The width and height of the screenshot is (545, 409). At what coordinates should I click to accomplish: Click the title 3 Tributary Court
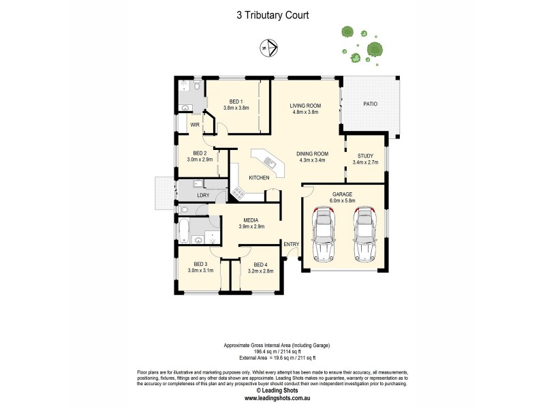coord(272,13)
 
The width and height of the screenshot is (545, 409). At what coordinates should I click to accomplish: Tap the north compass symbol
coord(270,48)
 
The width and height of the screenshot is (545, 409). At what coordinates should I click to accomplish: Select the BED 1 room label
coord(236,102)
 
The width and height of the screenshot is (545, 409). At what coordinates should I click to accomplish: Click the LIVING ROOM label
coord(305,106)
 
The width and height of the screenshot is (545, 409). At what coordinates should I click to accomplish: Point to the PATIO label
coord(370,104)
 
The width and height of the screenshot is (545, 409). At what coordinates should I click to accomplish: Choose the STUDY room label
coord(365,156)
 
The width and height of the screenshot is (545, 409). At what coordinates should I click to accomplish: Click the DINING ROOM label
coord(312,154)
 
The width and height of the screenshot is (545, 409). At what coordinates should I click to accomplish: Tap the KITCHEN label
coord(259,178)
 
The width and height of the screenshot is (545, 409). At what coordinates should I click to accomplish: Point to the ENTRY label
coord(292,244)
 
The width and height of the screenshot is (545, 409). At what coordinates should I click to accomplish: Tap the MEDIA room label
coord(251,220)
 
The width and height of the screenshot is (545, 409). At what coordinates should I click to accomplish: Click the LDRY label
coord(203,196)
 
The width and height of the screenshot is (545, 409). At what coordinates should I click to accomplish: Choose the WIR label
coord(195,125)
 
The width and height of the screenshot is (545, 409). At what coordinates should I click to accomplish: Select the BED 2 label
coord(200,153)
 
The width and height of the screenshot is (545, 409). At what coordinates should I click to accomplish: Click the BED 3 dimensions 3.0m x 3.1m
coord(200,271)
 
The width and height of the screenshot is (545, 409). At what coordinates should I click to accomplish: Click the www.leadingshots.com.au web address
coord(272,398)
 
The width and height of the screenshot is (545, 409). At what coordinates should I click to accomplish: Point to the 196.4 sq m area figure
coord(249,352)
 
